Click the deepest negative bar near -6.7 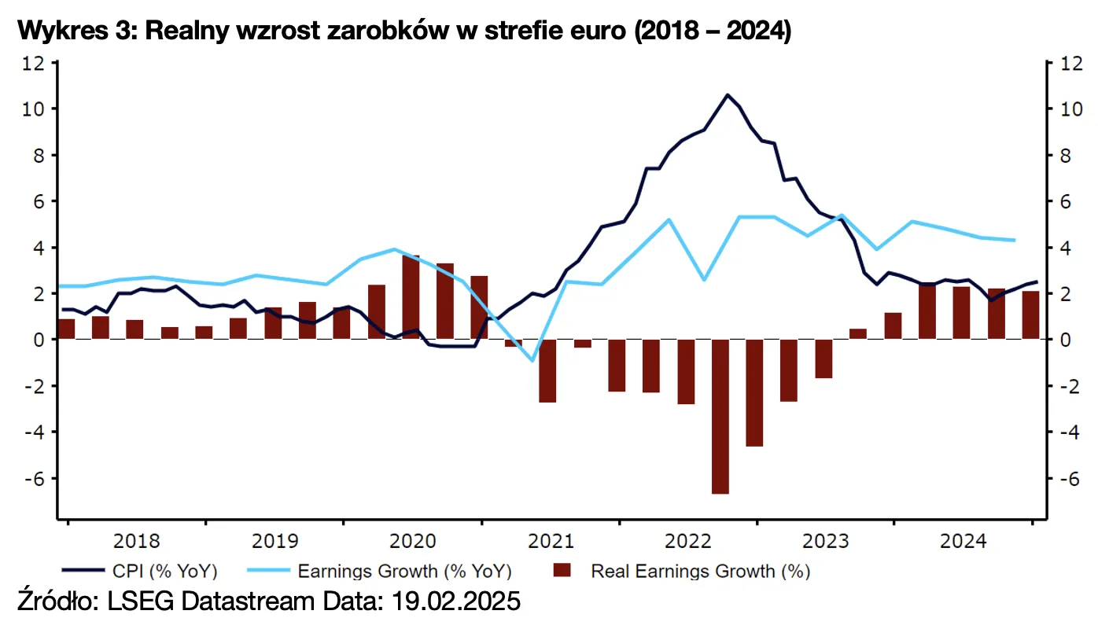720,417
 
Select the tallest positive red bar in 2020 411,296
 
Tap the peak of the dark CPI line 728,95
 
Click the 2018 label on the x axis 136,541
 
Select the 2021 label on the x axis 551,541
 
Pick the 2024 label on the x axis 964,541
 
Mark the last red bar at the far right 1030,315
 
